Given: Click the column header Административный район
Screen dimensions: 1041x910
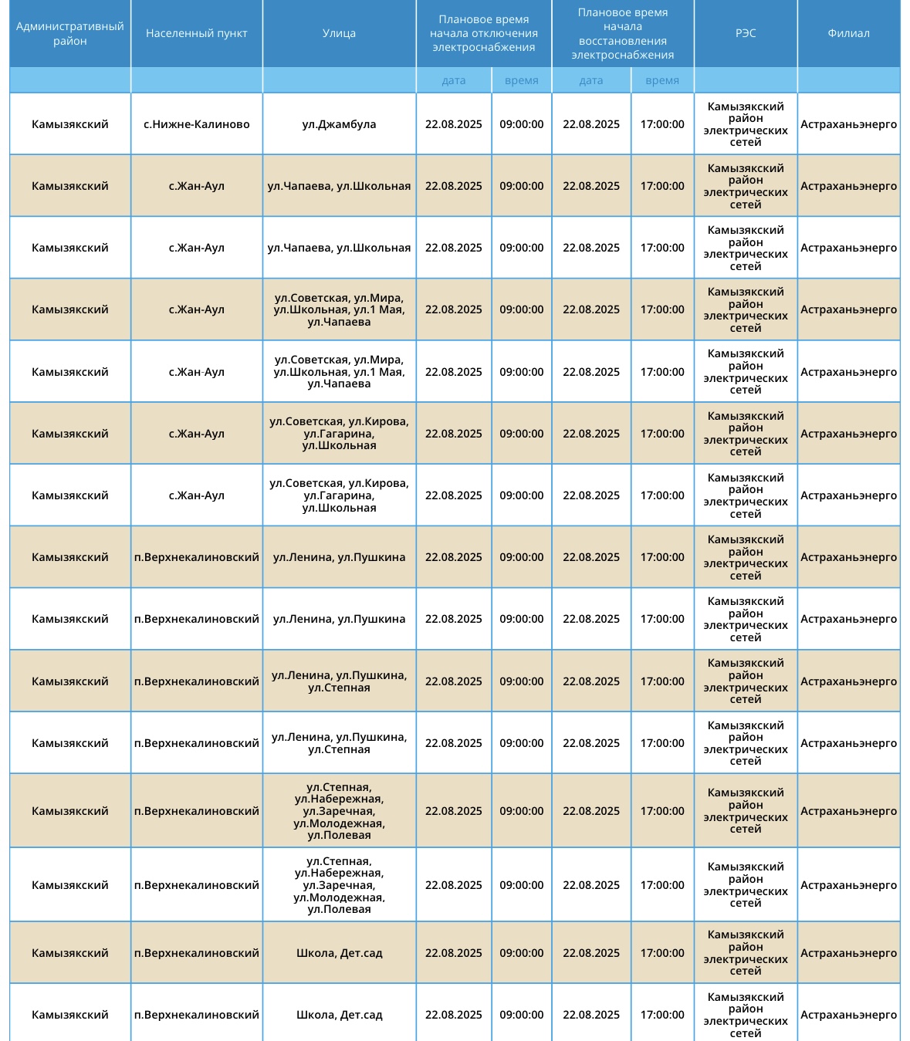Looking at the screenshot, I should click(69, 33).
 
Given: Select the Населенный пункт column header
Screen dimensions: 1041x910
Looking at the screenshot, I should click(196, 33).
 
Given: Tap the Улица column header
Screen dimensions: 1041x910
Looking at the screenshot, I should click(339, 33).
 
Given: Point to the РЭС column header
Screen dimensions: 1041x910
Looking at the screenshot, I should click(745, 33).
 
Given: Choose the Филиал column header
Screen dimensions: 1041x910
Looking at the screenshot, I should click(848, 33).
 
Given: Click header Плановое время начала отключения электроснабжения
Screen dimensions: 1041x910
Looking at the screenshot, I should click(483, 33).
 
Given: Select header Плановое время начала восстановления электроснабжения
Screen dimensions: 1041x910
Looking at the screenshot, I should click(622, 33).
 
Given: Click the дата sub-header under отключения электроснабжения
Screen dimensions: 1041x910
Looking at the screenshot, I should click(453, 80).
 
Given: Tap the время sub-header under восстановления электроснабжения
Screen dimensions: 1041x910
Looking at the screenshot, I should click(661, 80).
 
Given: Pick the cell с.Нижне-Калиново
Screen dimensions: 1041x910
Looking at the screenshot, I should click(196, 124).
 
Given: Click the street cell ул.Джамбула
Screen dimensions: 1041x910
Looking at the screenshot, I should click(339, 124).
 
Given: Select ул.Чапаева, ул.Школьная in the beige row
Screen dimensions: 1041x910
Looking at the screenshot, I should click(339, 186).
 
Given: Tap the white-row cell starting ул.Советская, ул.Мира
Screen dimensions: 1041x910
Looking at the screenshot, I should click(339, 372).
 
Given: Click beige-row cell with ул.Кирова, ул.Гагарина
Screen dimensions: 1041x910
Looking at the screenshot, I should click(339, 434).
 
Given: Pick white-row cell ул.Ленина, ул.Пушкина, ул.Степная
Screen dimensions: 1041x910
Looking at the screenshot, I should click(339, 743).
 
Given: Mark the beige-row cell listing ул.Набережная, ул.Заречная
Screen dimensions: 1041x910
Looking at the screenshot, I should click(339, 811).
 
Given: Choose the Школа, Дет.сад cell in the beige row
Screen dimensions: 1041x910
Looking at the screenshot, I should click(339, 953).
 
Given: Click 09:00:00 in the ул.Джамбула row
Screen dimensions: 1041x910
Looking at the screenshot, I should click(521, 124).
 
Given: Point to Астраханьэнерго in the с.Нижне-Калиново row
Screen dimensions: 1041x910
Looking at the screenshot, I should click(848, 124).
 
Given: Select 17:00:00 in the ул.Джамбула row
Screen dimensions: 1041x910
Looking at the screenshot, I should click(661, 124).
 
